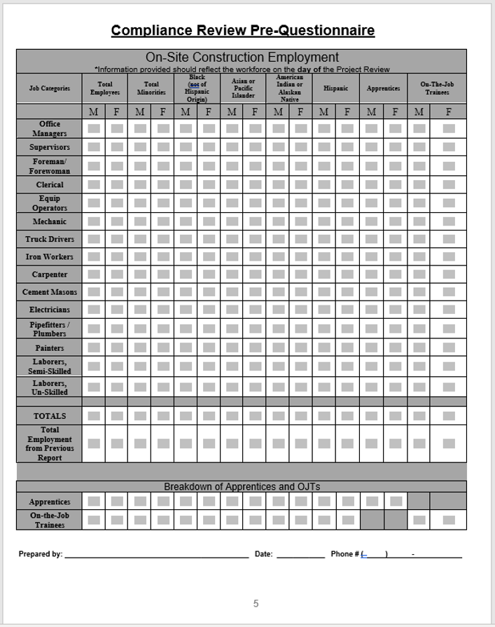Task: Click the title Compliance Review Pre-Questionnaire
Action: click(242, 31)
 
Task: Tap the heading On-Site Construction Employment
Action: click(242, 57)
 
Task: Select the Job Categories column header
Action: click(49, 89)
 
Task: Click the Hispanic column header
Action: click(335, 89)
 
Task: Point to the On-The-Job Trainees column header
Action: click(437, 89)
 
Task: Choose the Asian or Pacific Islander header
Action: click(243, 88)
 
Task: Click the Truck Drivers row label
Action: click(50, 239)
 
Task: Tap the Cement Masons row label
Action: click(50, 292)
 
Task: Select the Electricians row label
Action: click(50, 310)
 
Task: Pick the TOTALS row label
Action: click(50, 416)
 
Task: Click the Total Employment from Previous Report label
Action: click(50, 443)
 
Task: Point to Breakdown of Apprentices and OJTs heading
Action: click(242, 487)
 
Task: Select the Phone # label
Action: click(344, 554)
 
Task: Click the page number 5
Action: click(256, 603)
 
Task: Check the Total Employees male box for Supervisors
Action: click(94, 147)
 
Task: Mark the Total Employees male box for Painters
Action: click(94, 347)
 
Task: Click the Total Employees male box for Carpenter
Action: click(94, 275)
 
